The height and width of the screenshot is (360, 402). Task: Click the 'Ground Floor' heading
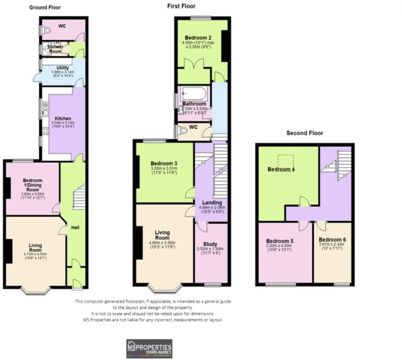[45, 7]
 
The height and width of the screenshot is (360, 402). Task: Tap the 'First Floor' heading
[181, 6]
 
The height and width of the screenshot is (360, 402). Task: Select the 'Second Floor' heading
[305, 133]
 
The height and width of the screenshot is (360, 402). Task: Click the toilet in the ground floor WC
[46, 30]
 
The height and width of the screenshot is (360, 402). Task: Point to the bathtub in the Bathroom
[194, 93]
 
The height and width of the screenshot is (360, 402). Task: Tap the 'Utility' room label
[62, 68]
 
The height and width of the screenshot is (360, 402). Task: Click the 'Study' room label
[210, 244]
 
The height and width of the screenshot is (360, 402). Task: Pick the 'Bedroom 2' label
[198, 38]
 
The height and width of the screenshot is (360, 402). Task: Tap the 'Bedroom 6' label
[332, 240]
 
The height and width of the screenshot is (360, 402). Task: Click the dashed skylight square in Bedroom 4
[286, 160]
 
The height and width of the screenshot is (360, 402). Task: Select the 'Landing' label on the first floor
[210, 202]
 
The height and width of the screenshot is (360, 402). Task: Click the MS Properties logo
[149, 348]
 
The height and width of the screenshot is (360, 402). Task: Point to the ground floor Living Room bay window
[35, 291]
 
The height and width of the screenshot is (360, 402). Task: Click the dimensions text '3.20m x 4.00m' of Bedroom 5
[279, 246]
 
